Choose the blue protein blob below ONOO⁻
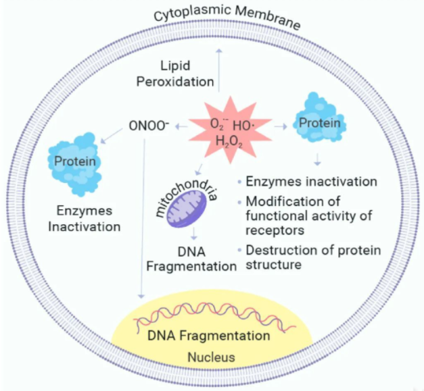click(x=74, y=162)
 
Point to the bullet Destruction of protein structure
click(x=313, y=257)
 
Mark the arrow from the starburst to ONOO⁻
click(x=179, y=126)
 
